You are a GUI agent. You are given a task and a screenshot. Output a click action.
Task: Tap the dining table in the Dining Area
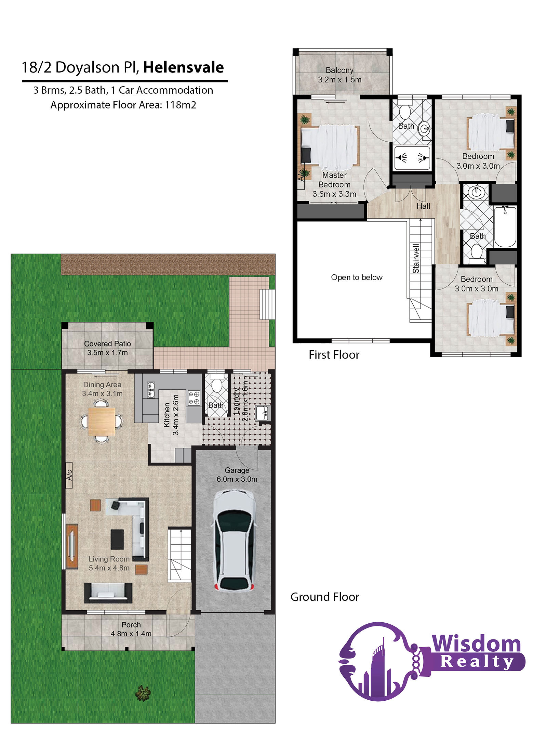pyautogui.click(x=101, y=421)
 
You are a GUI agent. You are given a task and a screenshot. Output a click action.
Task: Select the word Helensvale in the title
pyautogui.click(x=183, y=67)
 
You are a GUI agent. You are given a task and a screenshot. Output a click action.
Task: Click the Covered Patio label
pyautogui.click(x=107, y=343)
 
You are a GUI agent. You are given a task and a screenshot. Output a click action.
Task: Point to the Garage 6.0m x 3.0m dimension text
pyautogui.click(x=237, y=479)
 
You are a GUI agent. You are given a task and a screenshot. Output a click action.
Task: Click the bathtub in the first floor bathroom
pyautogui.click(x=505, y=226)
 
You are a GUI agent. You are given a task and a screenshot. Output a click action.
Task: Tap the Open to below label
pyautogui.click(x=357, y=277)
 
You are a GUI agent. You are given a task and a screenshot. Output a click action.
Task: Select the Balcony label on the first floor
pyautogui.click(x=339, y=70)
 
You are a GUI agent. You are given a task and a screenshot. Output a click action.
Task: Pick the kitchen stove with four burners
pyautogui.click(x=194, y=398)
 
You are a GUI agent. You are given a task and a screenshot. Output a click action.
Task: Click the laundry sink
pyautogui.click(x=263, y=413)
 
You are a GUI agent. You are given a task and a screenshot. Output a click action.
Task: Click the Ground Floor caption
pyautogui.click(x=325, y=597)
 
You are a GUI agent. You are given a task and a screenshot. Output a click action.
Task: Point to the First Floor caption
pyautogui.click(x=334, y=355)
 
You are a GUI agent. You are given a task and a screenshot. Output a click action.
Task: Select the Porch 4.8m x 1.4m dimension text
pyautogui.click(x=131, y=634)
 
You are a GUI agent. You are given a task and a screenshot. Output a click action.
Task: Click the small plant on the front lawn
pyautogui.click(x=143, y=693)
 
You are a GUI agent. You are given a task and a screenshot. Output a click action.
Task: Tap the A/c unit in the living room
pyautogui.click(x=69, y=475)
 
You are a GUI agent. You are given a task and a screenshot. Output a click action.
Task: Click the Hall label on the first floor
pyautogui.click(x=423, y=206)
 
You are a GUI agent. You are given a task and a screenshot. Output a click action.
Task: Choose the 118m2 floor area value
pyautogui.click(x=181, y=105)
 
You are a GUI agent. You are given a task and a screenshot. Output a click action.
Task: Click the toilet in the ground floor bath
pyautogui.click(x=216, y=383)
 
